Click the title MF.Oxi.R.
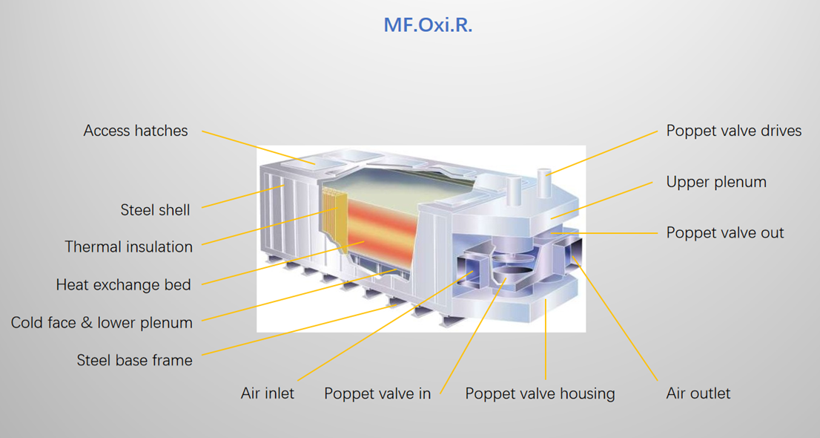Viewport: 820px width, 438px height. pos(428,25)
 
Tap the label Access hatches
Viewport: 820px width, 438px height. pos(136,131)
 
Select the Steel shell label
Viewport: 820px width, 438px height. pos(155,210)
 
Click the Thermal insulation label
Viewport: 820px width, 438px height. pos(129,246)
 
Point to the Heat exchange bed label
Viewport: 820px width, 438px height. pos(123,284)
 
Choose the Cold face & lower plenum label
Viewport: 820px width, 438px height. pos(102,322)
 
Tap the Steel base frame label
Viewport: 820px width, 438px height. pos(134,360)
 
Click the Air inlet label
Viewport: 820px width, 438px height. pos(267,393)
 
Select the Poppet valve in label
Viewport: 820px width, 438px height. pos(377,393)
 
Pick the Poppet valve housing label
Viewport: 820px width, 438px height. pos(540,393)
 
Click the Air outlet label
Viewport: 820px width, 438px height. pos(698,393)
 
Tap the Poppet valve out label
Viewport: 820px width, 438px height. pos(725,232)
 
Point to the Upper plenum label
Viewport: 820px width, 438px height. pos(716,182)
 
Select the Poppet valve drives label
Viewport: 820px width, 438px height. pos(734,131)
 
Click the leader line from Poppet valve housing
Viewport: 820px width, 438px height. pos(546,340)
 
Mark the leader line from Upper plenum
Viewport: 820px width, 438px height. pos(601,200)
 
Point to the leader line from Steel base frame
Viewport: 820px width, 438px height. pos(297,330)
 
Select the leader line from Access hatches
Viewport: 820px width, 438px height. pos(258,147)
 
